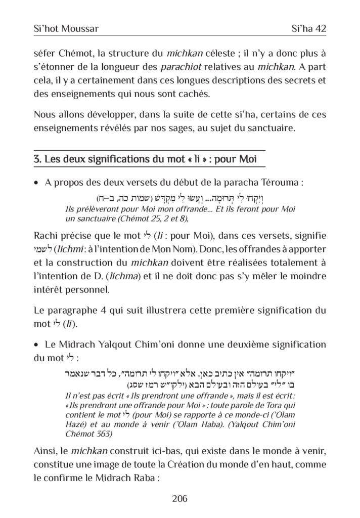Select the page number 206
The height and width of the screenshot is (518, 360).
point(179,499)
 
